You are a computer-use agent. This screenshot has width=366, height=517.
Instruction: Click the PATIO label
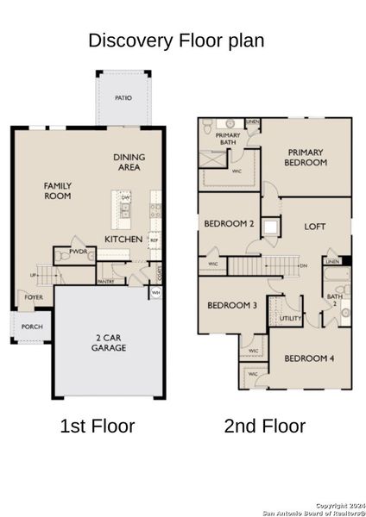click(x=123, y=98)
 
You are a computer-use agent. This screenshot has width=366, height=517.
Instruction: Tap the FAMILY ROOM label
click(x=59, y=190)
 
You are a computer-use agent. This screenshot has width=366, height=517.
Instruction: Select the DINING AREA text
click(x=129, y=162)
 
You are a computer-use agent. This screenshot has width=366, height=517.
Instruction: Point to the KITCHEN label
click(x=123, y=239)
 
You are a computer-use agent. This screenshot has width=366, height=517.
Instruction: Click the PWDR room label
click(x=64, y=255)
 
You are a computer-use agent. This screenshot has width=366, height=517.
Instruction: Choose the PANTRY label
click(x=106, y=281)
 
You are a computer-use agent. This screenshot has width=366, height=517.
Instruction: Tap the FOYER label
click(x=34, y=297)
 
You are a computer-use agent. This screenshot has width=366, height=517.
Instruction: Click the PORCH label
click(x=32, y=327)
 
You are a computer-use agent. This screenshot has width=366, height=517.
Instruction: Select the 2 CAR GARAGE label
click(x=110, y=342)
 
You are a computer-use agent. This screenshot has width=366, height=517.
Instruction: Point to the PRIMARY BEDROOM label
click(x=306, y=157)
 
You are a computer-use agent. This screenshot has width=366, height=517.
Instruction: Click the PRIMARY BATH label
click(x=228, y=140)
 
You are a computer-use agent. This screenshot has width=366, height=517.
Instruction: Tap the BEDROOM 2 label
click(x=228, y=224)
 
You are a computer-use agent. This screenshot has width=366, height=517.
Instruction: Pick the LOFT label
click(x=315, y=227)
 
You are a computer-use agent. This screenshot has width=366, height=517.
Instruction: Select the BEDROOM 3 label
click(x=231, y=306)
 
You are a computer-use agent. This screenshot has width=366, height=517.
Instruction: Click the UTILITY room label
click(x=290, y=318)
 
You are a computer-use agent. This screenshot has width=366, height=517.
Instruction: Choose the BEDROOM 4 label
click(x=308, y=358)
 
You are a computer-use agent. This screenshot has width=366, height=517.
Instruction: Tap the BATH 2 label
click(x=334, y=302)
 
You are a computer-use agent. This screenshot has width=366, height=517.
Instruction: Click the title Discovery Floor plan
click(x=176, y=40)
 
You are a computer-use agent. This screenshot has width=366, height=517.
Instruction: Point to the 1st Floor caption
click(x=97, y=426)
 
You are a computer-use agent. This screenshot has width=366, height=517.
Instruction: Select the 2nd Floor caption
click(x=264, y=426)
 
